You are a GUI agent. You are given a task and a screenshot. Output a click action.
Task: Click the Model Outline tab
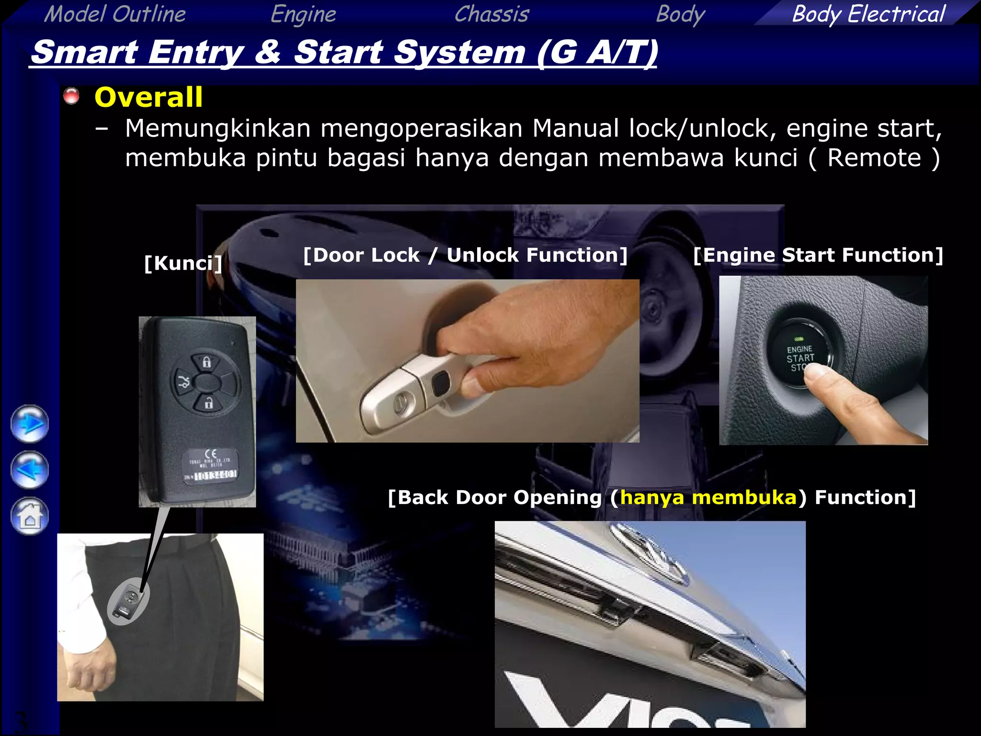point(115,13)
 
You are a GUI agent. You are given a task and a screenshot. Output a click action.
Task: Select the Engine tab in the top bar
point(303,13)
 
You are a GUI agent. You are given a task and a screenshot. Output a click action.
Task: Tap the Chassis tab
point(491,13)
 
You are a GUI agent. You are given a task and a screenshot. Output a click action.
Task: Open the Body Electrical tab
point(868,13)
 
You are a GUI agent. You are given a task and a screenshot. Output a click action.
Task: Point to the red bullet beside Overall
point(71,96)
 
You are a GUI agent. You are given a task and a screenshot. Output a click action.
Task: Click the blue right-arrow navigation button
point(30,424)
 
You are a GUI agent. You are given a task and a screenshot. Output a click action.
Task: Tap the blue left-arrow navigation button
point(30,470)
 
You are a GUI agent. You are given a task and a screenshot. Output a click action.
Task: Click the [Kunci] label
point(183,263)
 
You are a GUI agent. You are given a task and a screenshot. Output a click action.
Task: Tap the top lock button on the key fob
point(206,362)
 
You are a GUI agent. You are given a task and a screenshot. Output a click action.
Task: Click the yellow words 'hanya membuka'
point(708,497)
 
